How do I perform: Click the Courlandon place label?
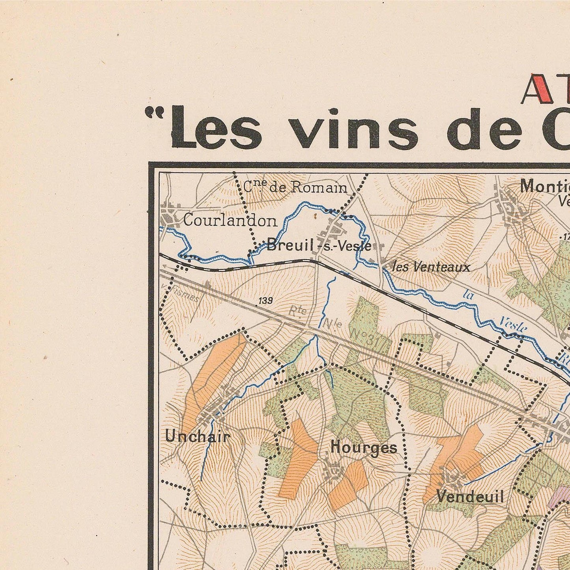[x=230, y=221]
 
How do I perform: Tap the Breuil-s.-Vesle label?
[x=319, y=246]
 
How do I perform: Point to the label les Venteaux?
[x=432, y=267]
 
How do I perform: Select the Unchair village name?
[x=198, y=437]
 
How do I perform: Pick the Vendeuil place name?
[x=470, y=497]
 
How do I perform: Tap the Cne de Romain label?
[x=295, y=187]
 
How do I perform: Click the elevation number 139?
[x=265, y=301]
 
